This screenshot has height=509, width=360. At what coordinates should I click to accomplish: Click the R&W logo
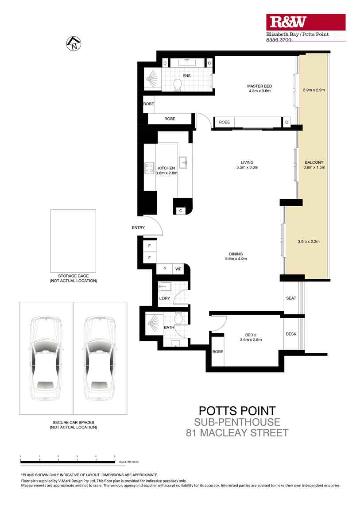coord(306,22)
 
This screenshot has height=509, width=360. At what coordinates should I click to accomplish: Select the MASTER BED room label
coord(259,86)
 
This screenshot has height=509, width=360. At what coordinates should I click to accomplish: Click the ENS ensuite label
coord(186,76)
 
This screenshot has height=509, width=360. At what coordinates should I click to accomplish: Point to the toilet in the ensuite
coord(178,85)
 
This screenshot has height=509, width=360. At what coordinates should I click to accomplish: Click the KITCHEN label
coord(166,168)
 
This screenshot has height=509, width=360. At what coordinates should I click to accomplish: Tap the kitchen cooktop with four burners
coord(149,168)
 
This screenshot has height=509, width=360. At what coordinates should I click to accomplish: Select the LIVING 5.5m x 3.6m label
coord(247,162)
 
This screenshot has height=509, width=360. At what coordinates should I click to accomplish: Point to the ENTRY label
coord(138,228)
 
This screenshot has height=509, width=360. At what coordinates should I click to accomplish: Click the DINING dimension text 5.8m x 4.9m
coord(236,259)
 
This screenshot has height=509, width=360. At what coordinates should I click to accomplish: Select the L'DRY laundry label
coord(164,298)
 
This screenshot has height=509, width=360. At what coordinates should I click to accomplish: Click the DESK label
coord(291,334)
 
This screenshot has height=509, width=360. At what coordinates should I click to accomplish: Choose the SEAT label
coord(291,298)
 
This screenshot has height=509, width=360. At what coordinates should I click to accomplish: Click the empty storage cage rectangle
coord(73,239)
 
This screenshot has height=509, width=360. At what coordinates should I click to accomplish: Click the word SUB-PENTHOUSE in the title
coord(237,422)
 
